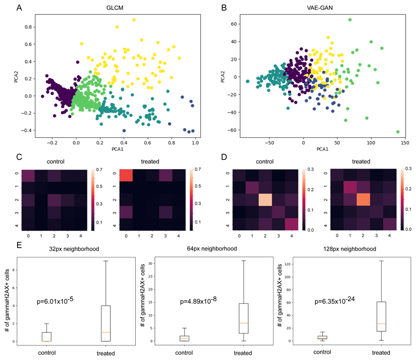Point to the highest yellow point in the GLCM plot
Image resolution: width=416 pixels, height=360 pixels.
pyautogui.click(x=134, y=20)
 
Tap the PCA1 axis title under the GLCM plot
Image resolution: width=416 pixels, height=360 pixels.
pyautogui.click(x=110, y=148)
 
